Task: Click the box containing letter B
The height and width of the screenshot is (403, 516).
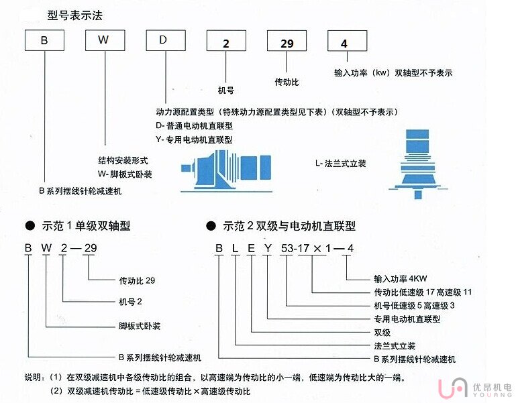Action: (x=44, y=40)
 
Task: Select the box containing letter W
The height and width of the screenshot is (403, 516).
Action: (x=103, y=40)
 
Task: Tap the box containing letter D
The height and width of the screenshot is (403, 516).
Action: (x=164, y=40)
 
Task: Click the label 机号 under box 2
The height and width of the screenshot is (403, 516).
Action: (x=226, y=89)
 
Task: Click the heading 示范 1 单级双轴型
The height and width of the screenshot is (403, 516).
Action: (x=84, y=227)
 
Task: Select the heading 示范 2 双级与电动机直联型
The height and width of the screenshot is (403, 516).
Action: (x=289, y=227)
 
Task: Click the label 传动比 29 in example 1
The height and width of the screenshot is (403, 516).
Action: (x=136, y=280)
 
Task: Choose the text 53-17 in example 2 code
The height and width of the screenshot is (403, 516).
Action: (x=293, y=249)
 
